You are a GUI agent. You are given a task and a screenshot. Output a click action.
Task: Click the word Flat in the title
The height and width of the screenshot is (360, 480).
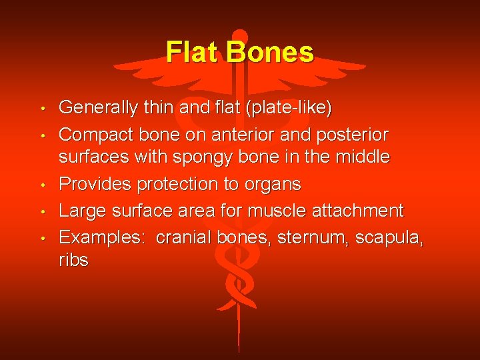pyautogui.click(x=193, y=52)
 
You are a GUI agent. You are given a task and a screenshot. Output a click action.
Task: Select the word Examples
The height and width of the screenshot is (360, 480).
pyautogui.click(x=103, y=238)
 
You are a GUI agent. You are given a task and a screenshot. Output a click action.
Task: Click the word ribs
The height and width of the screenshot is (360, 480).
pyautogui.click(x=73, y=261)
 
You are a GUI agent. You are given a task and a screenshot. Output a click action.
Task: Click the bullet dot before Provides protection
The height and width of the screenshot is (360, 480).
pyautogui.click(x=43, y=185)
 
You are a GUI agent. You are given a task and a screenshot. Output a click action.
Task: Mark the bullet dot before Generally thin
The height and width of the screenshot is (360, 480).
pyautogui.click(x=43, y=108)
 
